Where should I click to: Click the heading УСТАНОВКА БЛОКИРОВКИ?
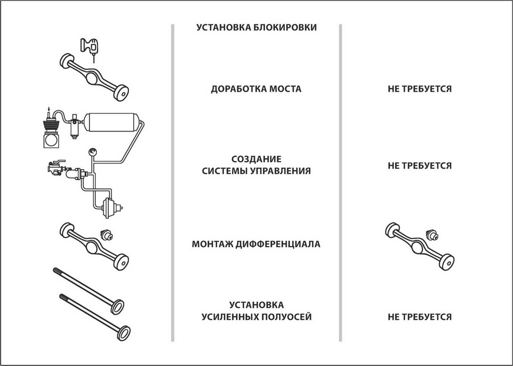(x=256, y=27)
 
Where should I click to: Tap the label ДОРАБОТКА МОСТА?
(x=256, y=89)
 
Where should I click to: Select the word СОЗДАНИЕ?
(x=256, y=159)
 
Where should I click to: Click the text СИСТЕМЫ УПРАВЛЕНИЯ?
(x=256, y=171)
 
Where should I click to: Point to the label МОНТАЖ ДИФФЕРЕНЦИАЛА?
(x=256, y=244)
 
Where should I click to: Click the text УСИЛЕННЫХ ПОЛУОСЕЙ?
(x=256, y=316)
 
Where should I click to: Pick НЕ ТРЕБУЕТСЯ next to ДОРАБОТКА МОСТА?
(x=420, y=89)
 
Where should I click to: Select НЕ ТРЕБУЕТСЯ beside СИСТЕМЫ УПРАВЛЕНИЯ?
(x=420, y=166)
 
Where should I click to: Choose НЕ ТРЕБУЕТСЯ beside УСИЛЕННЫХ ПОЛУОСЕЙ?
(x=420, y=316)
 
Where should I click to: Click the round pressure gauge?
(x=92, y=152)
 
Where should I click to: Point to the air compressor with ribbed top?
(x=51, y=131)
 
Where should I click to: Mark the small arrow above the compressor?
(x=49, y=109)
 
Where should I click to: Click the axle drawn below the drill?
(x=94, y=77)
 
